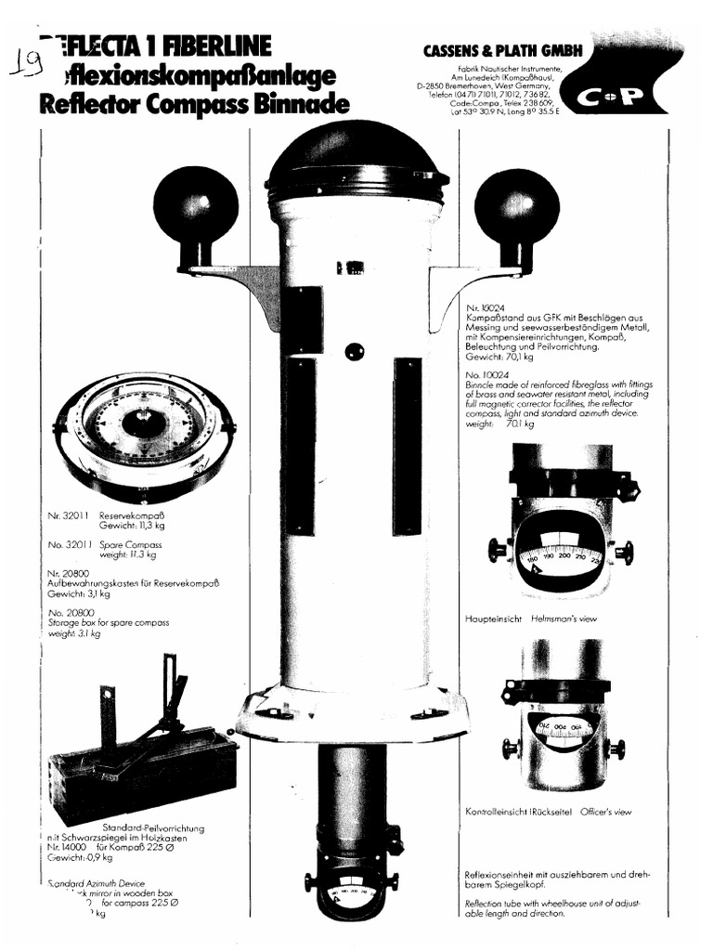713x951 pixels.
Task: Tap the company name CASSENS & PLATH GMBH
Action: pyautogui.click(x=502, y=52)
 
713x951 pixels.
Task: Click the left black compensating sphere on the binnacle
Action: pyautogui.click(x=195, y=205)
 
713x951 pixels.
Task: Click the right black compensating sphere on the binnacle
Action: pyautogui.click(x=516, y=206)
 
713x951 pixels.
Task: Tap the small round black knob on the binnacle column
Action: pyautogui.click(x=354, y=351)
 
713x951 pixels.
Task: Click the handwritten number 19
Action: pyautogui.click(x=28, y=62)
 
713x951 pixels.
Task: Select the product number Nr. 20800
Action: pyautogui.click(x=71, y=573)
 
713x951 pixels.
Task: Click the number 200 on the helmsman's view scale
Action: pyautogui.click(x=565, y=555)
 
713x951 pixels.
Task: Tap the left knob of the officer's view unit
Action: pyautogui.click(x=509, y=746)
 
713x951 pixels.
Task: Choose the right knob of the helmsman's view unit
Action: pyautogui.click(x=625, y=553)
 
